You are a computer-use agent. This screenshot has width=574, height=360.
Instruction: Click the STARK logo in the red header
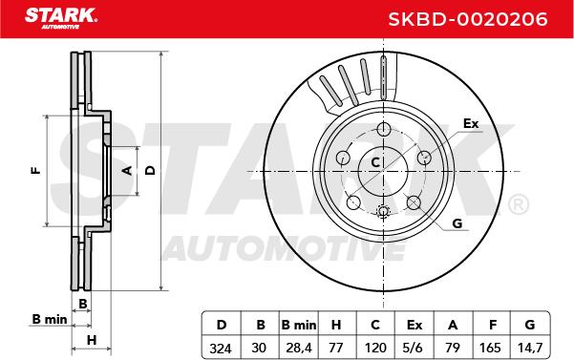click(x=61, y=18)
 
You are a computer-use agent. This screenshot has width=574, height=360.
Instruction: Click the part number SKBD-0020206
click(x=467, y=19)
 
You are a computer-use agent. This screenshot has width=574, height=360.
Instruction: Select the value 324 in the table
click(x=221, y=348)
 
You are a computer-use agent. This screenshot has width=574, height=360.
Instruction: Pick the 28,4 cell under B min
click(x=299, y=348)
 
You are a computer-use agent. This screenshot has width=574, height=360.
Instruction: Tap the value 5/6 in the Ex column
click(x=414, y=348)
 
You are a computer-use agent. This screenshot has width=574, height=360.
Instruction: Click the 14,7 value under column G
click(x=530, y=348)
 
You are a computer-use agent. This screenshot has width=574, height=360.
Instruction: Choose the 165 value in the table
click(x=490, y=348)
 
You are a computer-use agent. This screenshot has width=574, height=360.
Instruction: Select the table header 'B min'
click(x=299, y=325)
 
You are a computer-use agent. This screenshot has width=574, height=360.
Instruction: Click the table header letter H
click(x=336, y=325)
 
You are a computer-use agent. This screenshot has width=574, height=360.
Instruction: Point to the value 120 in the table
click(x=375, y=348)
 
